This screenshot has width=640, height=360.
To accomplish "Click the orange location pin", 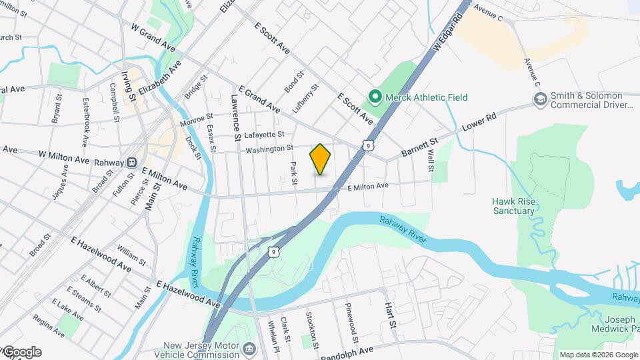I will [x=320, y=159].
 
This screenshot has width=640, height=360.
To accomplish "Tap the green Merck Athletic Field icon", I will [x=375, y=97].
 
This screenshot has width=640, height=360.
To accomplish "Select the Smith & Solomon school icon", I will [x=540, y=99].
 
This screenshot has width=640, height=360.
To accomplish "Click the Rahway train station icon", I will [x=132, y=161].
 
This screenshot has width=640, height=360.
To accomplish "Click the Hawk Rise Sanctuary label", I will [x=513, y=206].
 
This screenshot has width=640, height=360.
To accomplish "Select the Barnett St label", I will [x=419, y=148].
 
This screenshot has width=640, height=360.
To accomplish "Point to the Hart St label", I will [x=390, y=315].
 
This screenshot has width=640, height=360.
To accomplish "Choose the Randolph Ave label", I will [x=347, y=353].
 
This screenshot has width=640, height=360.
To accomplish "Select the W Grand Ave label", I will [x=153, y=36].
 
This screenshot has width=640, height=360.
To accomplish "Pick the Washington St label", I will [x=269, y=149].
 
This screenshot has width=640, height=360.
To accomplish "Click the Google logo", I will [x=21, y=352].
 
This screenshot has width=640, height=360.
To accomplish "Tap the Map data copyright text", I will [x=597, y=355].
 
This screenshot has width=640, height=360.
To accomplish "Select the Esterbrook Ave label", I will [x=85, y=123].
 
